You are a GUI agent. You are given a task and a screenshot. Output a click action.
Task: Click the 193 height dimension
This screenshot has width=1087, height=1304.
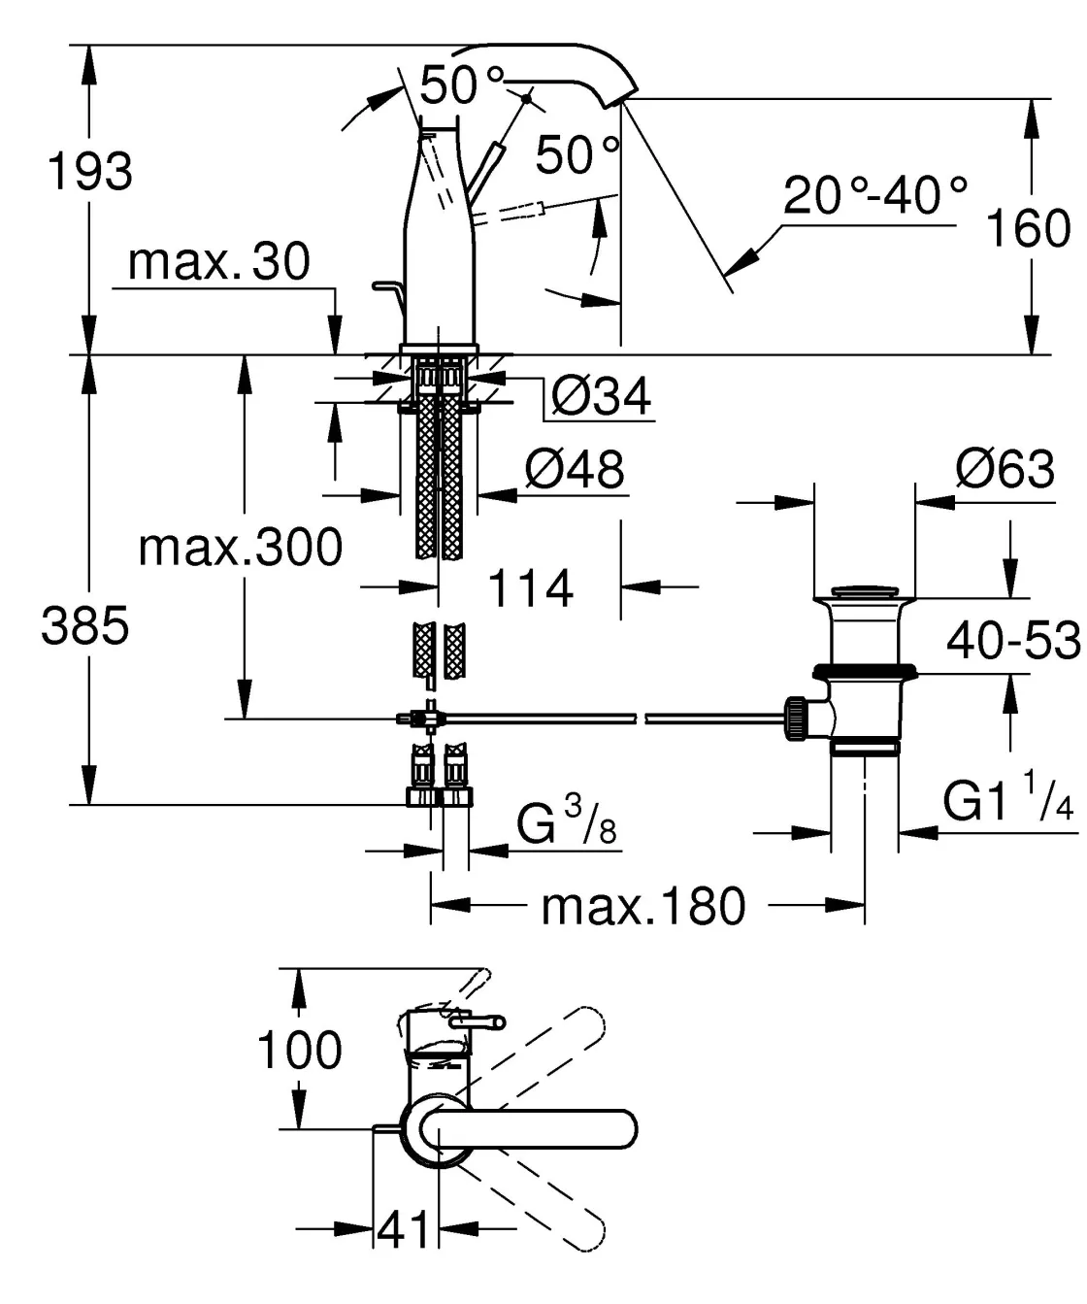coord(90,172)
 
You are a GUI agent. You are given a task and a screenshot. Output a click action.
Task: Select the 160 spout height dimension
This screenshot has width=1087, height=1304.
coord(1027,229)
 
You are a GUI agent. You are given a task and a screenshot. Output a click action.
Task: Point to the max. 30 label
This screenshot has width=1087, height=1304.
coord(218,261)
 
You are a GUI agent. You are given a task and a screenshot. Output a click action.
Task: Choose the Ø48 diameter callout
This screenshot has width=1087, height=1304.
coord(575,469)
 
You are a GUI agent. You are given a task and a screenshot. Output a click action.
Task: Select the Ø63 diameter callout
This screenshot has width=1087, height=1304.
coord(1005,469)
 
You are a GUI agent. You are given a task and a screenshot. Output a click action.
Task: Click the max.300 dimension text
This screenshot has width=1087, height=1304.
coord(241,548)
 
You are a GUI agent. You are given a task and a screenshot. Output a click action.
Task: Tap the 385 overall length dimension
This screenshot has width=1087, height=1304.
coord(85,626)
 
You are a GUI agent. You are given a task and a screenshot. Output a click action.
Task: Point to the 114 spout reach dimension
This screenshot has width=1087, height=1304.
coord(530,588)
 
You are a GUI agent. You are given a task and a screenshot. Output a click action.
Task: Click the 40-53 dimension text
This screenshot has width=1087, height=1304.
coord(1013,641)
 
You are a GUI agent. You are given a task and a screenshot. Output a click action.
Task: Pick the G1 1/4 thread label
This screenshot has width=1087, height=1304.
coord(1008,802)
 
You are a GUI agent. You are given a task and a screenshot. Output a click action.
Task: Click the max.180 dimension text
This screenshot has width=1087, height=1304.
coord(643,906)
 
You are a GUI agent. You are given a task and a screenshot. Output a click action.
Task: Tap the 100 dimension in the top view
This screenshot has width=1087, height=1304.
coord(299,1051)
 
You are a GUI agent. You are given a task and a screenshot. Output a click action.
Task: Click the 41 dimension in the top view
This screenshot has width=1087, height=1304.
coord(403,1230)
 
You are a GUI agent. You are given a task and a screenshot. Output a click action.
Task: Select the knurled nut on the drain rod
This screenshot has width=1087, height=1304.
coord(796,719)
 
